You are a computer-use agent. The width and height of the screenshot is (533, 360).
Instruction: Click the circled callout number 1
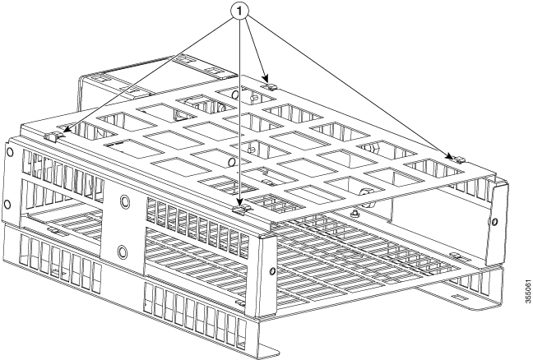click(x=241, y=15)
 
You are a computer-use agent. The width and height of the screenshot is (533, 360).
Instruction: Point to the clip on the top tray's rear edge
click(x=271, y=82)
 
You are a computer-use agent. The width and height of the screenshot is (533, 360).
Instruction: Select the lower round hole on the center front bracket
click(x=123, y=251)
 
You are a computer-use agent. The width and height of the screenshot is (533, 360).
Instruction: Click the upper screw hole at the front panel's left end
click(x=9, y=152)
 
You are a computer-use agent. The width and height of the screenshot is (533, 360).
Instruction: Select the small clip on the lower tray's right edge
click(x=455, y=257)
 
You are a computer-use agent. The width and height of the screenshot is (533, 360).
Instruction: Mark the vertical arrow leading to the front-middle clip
click(x=241, y=115)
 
